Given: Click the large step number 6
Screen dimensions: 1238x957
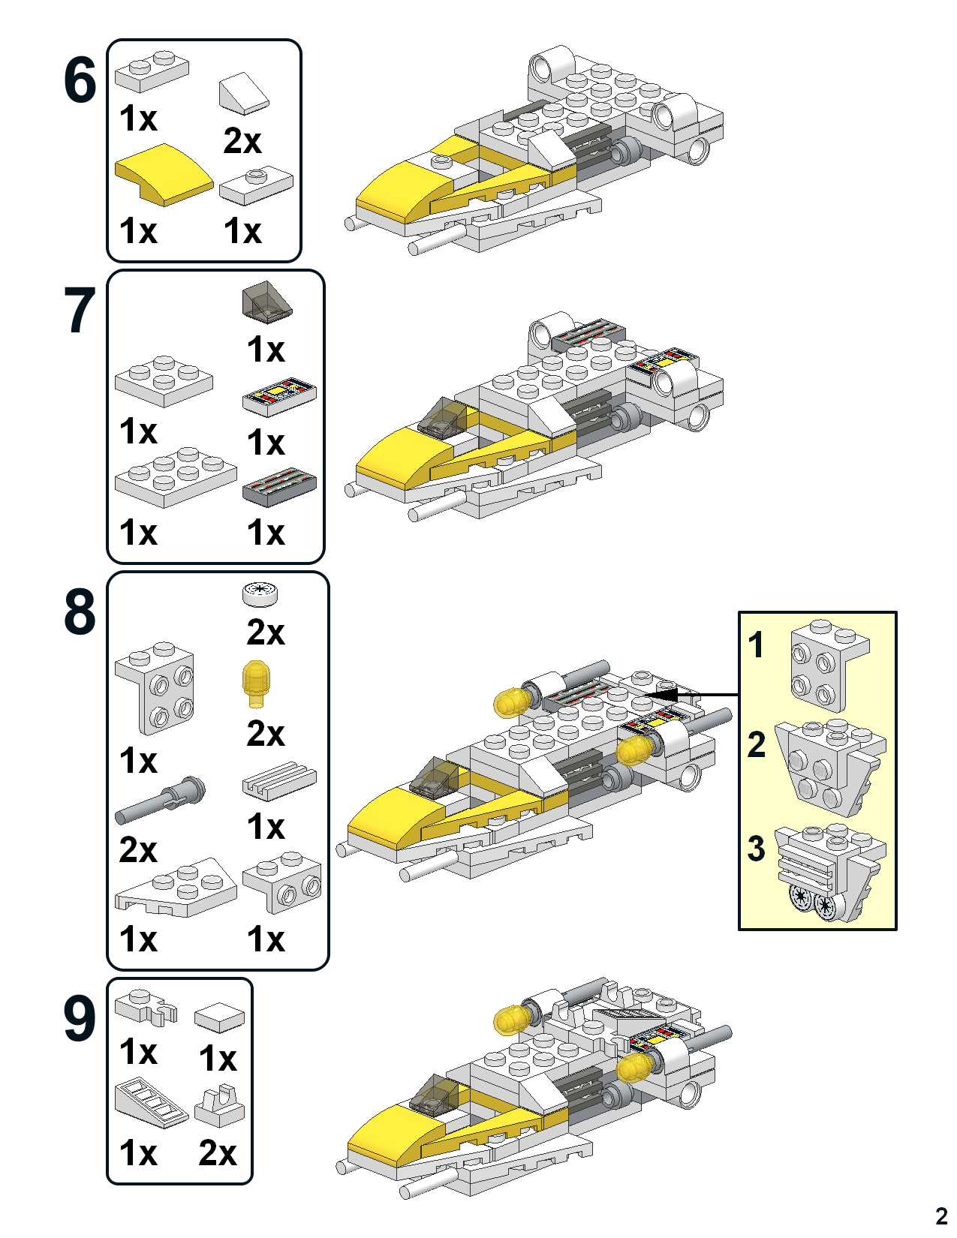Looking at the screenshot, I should click(80, 80).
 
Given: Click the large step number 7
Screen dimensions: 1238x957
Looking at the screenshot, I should click(80, 311).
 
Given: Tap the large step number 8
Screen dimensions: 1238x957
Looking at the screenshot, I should click(80, 612).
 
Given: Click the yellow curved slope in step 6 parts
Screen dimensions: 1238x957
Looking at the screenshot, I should click(164, 174).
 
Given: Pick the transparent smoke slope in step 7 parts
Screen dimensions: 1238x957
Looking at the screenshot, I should click(266, 302).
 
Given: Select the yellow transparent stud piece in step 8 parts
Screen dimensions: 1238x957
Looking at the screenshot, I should click(257, 682).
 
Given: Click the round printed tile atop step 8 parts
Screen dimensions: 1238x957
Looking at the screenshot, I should click(260, 593).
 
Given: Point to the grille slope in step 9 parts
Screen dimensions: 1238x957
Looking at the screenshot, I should click(151, 1102).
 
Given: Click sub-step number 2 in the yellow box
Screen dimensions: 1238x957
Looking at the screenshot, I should click(757, 744).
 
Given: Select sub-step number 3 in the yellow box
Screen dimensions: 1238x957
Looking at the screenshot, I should click(757, 848).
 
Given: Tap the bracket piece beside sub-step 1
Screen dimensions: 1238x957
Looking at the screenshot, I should click(828, 664).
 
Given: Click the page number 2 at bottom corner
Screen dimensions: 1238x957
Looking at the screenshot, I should click(941, 1215).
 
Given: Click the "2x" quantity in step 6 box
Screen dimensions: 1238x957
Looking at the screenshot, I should click(242, 140).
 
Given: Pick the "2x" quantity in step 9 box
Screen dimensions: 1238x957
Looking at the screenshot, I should click(218, 1152).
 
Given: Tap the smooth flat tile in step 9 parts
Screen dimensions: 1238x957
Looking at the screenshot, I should click(220, 1017).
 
